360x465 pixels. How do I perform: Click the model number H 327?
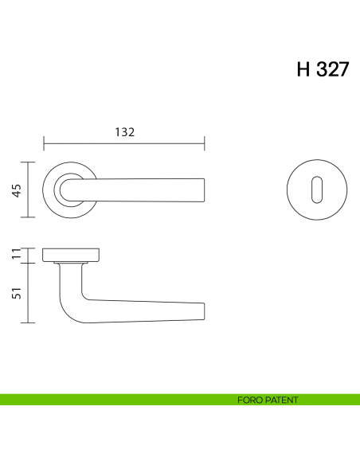coord(323,69)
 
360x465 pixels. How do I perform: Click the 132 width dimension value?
coord(124,131)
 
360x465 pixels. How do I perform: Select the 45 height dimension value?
coord(15,190)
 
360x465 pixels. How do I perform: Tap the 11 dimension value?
coord(15,255)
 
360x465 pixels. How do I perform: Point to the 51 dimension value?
coord(15,292)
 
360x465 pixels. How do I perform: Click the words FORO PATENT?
coord(268,400)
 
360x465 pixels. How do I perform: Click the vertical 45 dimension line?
coord(29,190)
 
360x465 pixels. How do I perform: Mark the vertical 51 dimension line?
coord(29,292)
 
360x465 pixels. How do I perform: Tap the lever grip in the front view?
coord(143,190)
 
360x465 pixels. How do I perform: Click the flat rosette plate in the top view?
coord(71,255)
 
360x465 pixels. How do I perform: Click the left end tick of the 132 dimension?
coord(43,144)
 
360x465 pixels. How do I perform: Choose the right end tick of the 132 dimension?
coord(205,144)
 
